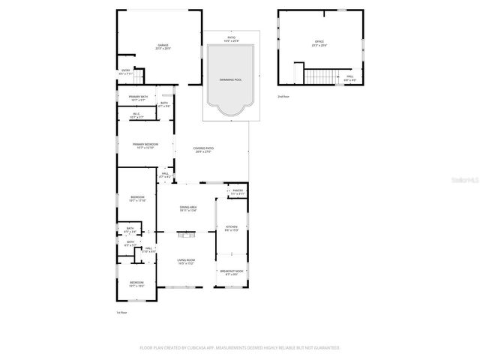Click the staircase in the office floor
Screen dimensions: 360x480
click(x=319, y=76)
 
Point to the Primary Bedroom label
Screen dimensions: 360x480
click(x=145, y=145)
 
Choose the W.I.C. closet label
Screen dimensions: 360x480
click(x=136, y=115)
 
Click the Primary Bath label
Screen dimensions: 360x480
click(x=137, y=97)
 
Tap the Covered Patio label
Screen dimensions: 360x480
click(x=202, y=150)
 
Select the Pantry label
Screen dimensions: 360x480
click(x=238, y=192)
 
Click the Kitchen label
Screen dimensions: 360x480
click(x=232, y=229)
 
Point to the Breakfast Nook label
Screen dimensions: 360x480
click(x=232, y=272)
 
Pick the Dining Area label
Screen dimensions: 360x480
click(x=187, y=209)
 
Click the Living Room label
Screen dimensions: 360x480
click(x=186, y=261)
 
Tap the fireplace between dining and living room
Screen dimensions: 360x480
click(x=186, y=235)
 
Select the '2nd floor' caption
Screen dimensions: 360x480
click(x=283, y=97)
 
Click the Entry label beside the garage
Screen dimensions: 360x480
click(x=125, y=72)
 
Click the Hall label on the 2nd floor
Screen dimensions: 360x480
click(x=349, y=77)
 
